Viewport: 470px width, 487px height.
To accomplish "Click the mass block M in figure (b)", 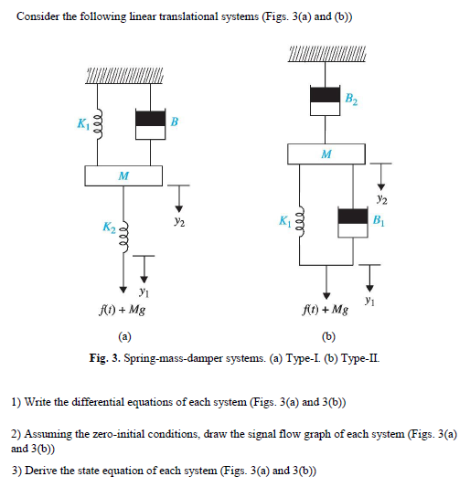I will click(x=326, y=153).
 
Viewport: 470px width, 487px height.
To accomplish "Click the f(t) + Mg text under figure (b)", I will click(x=325, y=311).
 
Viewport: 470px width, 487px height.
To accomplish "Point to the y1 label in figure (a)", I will click(x=144, y=292).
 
